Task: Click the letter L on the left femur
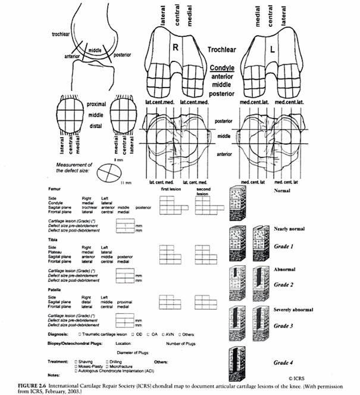272,52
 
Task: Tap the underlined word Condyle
223,69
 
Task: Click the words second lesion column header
204,191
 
